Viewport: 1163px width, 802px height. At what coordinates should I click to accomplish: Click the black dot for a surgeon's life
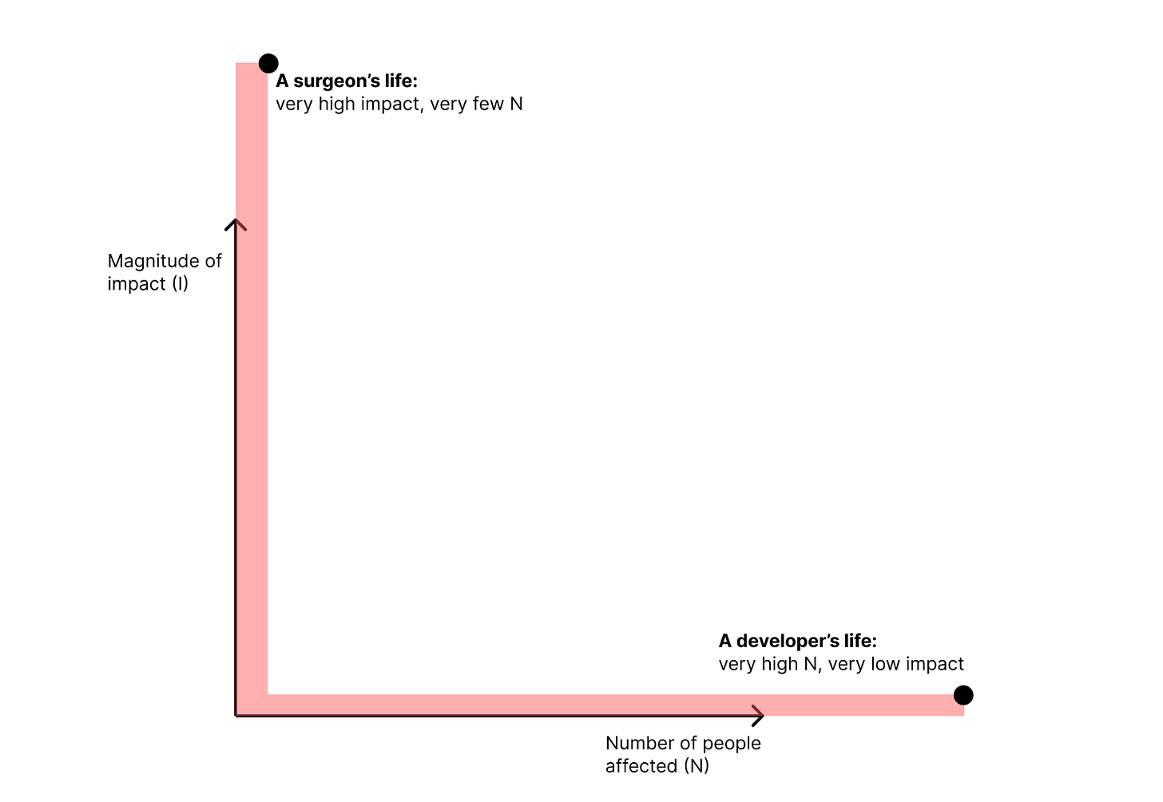[x=268, y=63]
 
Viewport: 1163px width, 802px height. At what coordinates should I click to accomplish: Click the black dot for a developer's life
[x=963, y=695]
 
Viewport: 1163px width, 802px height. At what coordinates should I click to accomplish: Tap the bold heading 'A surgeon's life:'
[x=347, y=81]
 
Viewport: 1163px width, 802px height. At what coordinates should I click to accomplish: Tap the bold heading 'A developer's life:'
[x=797, y=641]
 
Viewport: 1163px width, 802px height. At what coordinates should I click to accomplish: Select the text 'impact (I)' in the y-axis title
[x=148, y=284]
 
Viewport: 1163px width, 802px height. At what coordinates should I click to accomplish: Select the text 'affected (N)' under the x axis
[x=657, y=766]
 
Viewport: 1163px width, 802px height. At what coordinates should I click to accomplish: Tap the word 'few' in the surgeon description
[x=488, y=104]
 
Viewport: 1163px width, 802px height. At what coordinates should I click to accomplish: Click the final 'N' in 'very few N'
[x=516, y=104]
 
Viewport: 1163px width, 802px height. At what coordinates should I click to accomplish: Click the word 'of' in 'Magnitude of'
[x=213, y=261]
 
